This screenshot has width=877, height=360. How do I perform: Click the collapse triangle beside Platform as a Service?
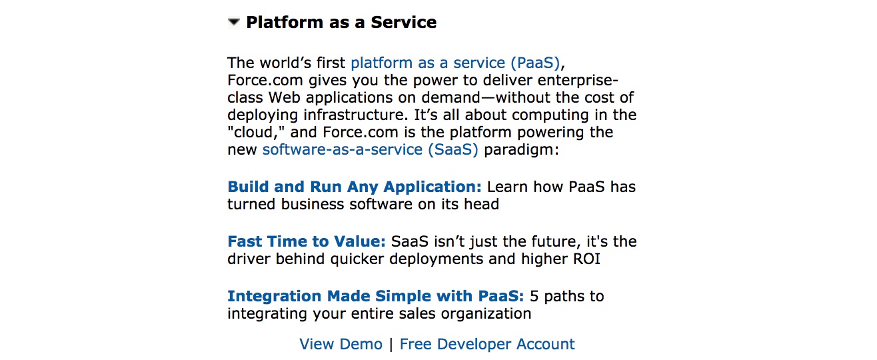[x=234, y=22]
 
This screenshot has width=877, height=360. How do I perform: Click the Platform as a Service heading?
[x=341, y=22]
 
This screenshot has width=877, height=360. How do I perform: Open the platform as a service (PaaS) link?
[x=455, y=63]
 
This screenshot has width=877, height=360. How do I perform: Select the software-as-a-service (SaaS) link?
[x=371, y=149]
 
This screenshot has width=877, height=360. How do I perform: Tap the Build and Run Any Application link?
[x=355, y=187]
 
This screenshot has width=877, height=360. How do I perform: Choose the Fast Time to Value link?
[x=307, y=241]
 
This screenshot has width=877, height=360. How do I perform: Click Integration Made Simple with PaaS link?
[x=375, y=296]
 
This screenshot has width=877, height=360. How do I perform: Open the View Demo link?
[x=341, y=344]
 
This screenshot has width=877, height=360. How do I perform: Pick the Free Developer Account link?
[x=487, y=344]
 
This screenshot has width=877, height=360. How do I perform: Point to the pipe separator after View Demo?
[x=391, y=345]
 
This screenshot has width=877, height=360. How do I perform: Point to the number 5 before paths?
[x=534, y=297]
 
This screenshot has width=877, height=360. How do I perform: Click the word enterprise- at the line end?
[x=578, y=81]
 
